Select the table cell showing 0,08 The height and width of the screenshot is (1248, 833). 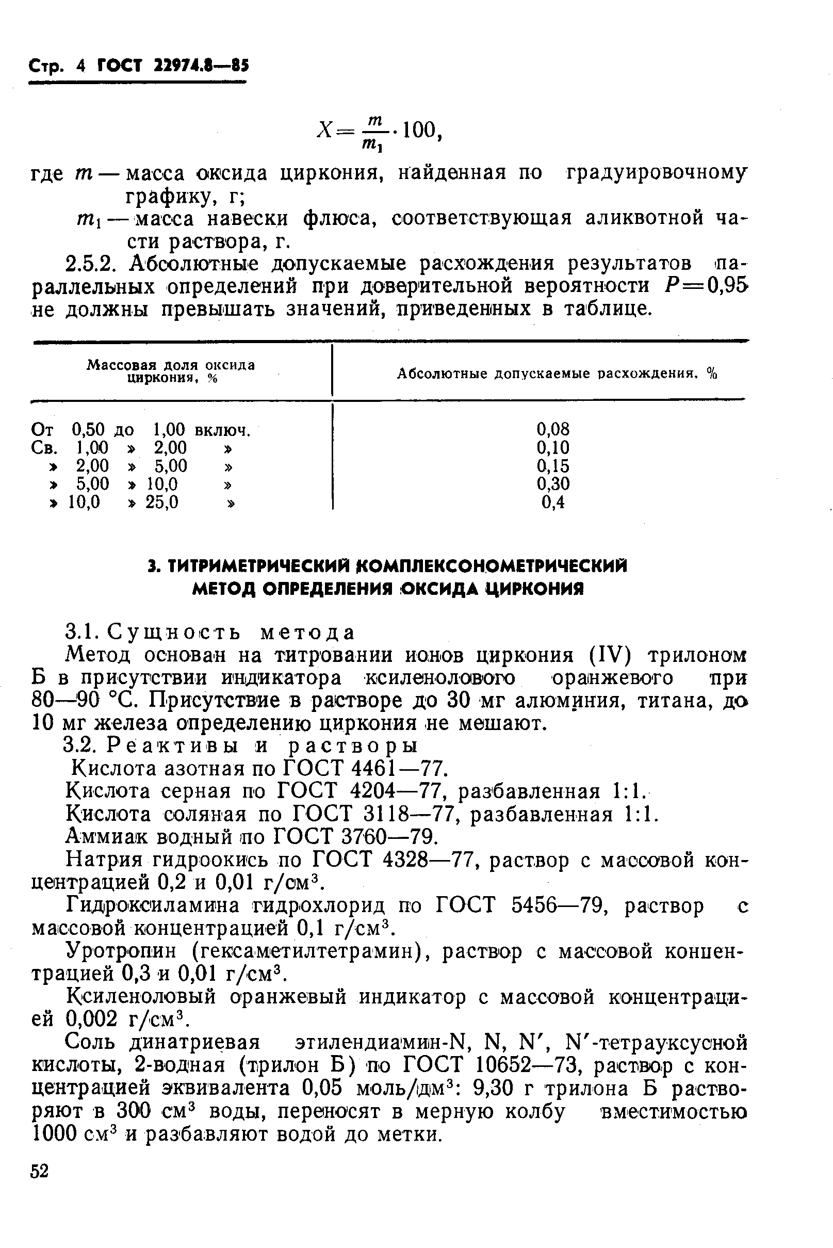(x=552, y=429)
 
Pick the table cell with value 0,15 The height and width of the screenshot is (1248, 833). (x=552, y=466)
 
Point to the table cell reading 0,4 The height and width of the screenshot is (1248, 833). (x=552, y=502)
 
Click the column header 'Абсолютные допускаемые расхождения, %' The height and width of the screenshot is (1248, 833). (x=557, y=374)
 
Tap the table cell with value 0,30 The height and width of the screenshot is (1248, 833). (x=552, y=484)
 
